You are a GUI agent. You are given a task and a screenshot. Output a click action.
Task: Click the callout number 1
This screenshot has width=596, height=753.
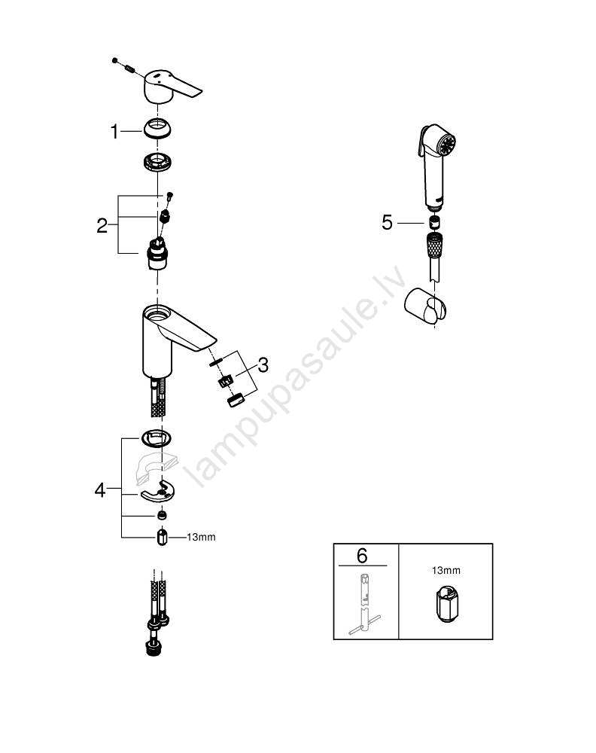tap(114, 132)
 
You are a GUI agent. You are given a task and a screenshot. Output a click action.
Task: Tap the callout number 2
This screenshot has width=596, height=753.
tap(102, 226)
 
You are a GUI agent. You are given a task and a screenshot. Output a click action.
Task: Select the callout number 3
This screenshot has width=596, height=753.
tap(263, 365)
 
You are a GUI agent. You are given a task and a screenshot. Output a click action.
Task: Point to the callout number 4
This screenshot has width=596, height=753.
tap(100, 490)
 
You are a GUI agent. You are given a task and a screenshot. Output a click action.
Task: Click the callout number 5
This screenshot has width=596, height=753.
tap(388, 222)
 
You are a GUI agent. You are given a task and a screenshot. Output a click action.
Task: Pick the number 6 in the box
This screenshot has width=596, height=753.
tap(362, 556)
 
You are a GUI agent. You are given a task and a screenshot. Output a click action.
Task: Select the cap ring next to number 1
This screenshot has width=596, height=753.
tap(157, 129)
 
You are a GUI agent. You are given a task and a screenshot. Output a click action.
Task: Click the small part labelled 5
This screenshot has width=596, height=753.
tap(434, 222)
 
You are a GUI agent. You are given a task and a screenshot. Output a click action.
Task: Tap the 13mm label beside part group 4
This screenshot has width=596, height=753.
tap(201, 538)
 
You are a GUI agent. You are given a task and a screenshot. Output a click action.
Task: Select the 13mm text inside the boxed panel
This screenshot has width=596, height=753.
tap(446, 571)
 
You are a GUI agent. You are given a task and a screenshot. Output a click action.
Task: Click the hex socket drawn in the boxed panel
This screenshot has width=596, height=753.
tap(445, 604)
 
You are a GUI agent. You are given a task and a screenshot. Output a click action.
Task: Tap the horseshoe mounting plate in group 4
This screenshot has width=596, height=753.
tap(158, 491)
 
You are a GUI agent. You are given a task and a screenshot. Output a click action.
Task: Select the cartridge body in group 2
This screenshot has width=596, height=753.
tap(155, 253)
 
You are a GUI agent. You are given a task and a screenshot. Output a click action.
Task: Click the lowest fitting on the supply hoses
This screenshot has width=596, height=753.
tap(154, 650)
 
